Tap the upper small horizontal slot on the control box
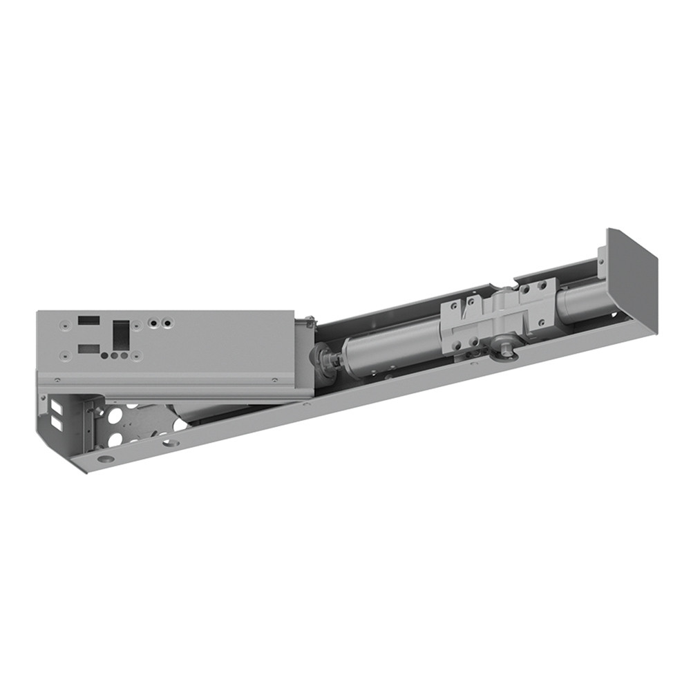88,321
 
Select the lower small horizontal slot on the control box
88,349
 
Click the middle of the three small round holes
115,356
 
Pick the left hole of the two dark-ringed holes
152,322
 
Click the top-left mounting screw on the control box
64,322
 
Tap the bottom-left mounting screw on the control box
64,355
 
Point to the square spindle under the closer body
507,350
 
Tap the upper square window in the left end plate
55,406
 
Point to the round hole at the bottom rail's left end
105,458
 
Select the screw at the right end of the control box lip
274,379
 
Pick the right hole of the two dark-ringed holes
168,322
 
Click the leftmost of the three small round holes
105,356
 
